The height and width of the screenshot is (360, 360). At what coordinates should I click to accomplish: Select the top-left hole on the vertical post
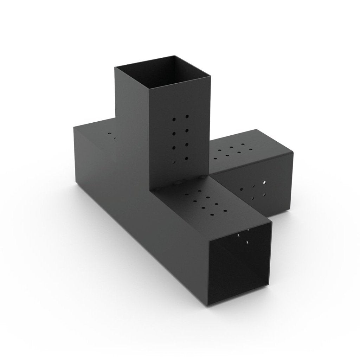(173, 120)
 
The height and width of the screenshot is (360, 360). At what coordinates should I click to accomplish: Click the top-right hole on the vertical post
(187, 116)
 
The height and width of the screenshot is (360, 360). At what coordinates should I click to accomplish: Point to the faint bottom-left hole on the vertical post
(173, 162)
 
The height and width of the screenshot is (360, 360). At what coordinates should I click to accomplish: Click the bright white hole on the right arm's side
(264, 183)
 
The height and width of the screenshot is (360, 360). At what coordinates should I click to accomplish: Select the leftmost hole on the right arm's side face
(241, 189)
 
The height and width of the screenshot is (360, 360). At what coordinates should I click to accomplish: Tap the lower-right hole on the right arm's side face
(264, 194)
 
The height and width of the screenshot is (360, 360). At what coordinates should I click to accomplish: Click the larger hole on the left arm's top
(110, 134)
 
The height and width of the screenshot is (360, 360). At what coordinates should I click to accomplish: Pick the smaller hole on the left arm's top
(115, 139)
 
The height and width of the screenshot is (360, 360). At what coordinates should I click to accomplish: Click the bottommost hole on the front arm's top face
(212, 215)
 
